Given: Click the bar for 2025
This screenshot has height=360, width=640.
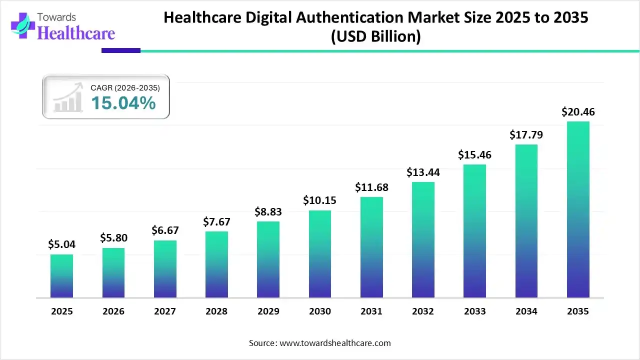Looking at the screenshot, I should pos(61,276).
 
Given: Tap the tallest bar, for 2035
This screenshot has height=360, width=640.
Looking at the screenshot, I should pos(578,209).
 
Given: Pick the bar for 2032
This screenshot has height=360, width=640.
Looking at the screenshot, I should pos(423,240).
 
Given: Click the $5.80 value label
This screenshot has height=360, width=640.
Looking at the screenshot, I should pos(113,238).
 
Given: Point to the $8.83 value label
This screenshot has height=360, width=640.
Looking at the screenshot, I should pos(268,212).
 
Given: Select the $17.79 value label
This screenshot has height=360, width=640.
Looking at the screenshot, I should pos(526,135).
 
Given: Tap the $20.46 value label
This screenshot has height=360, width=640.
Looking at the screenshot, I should pos(578,112).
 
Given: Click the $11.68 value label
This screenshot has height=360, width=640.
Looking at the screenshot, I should pos(371,187).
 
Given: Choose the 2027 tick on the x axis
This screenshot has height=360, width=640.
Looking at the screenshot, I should pos(165,311).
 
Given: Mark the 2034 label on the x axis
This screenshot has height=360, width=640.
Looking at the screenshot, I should pos(526,311).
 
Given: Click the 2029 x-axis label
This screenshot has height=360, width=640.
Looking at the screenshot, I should pos(268,311).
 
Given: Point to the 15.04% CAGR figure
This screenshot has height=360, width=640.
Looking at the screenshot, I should pos(123,103).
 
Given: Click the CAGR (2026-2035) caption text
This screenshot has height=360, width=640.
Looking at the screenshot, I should pos(125,88).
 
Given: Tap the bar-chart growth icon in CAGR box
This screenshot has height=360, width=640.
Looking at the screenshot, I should pos(67,98).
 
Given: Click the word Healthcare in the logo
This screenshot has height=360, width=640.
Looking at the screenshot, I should pos(76,33).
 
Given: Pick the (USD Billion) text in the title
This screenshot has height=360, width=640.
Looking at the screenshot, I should pos(375,36).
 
